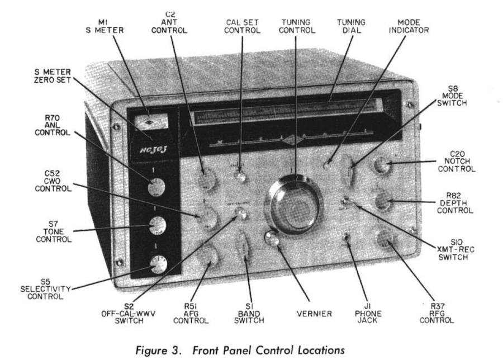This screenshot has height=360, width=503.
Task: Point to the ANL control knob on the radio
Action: click(156, 187)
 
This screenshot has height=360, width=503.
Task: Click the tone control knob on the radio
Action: click(158, 226)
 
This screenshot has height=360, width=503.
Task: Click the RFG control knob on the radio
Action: click(384, 239)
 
